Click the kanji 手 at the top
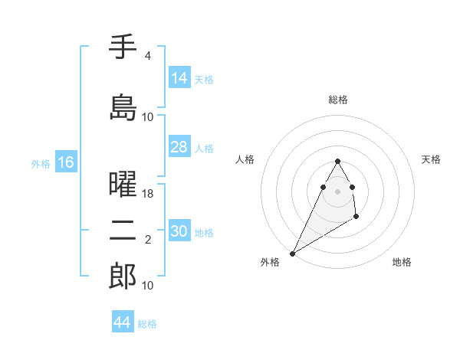123,47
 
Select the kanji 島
123,106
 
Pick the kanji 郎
123,277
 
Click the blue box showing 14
179,78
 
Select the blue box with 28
179,147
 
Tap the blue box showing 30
179,231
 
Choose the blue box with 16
65,162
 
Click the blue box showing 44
123,322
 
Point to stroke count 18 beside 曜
148,195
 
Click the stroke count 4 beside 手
147,57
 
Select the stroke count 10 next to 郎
148,286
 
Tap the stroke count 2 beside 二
147,241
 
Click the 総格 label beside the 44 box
147,324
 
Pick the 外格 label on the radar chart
270,262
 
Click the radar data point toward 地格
356,218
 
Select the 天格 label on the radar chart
431,159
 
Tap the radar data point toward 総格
337,161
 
